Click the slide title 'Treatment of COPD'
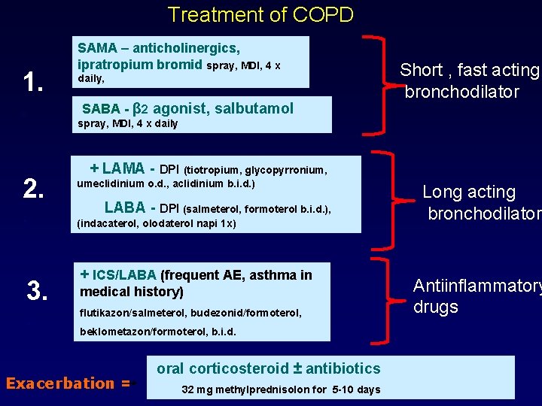(260, 15)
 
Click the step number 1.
(32, 81)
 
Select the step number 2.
(32, 189)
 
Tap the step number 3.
(38, 289)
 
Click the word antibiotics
(344, 368)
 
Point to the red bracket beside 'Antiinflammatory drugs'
(384, 297)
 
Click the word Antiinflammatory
(476, 286)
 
